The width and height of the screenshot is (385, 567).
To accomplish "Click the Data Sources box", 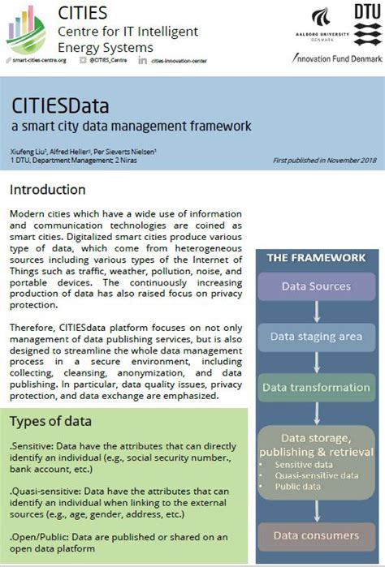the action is (x=316, y=286).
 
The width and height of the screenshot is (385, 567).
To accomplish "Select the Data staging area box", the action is (x=316, y=337).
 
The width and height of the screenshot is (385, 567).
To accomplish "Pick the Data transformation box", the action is (x=316, y=387).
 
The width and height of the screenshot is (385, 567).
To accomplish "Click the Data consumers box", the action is (x=316, y=535).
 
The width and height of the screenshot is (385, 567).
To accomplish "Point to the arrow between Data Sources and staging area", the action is (x=316, y=311).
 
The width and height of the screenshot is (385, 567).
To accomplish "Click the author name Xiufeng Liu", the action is (x=27, y=152).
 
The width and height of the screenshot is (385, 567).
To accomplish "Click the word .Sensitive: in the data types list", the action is (x=31, y=445).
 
